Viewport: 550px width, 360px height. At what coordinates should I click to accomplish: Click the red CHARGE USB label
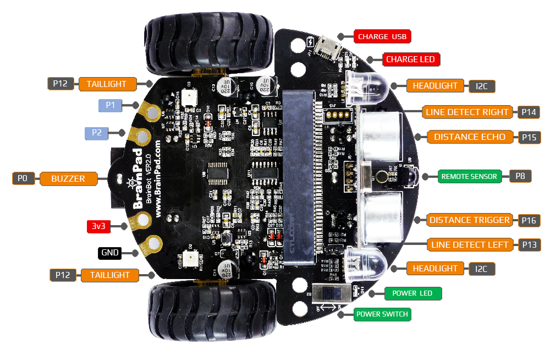click(x=382, y=37)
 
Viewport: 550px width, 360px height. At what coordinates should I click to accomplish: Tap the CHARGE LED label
click(x=410, y=59)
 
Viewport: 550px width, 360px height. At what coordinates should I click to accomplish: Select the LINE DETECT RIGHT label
click(x=467, y=112)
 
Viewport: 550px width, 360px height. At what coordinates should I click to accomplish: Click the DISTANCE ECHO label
click(x=469, y=137)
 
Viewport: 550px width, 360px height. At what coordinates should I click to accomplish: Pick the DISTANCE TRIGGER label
click(x=469, y=220)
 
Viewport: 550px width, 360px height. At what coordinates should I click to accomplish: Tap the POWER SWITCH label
click(x=382, y=314)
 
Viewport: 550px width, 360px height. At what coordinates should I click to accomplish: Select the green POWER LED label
click(x=412, y=293)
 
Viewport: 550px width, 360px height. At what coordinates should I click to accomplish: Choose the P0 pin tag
click(x=23, y=178)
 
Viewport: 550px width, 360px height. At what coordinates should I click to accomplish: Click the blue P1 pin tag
click(x=110, y=105)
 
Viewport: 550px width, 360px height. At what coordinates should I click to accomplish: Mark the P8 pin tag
click(x=520, y=177)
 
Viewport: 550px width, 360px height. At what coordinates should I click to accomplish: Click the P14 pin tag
click(x=529, y=112)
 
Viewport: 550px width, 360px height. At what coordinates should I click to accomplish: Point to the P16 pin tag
click(x=529, y=220)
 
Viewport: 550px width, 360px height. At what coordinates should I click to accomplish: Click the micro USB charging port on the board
click(x=331, y=48)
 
